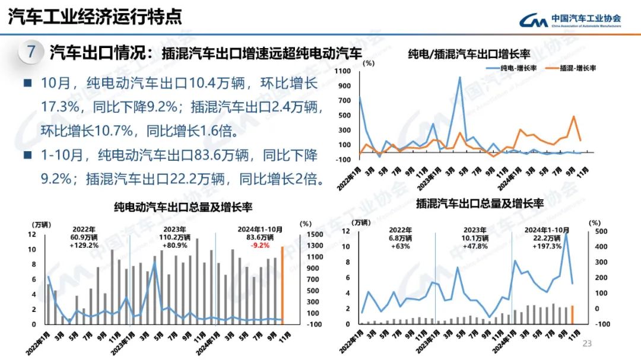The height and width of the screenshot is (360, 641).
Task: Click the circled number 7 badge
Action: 31,52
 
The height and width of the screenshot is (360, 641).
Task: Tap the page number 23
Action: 588,343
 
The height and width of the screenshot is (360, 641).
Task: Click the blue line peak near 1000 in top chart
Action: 459,77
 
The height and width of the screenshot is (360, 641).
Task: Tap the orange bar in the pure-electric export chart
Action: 283,285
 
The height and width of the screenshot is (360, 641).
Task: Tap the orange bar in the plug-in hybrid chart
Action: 573,315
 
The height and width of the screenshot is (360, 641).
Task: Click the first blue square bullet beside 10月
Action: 27,83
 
